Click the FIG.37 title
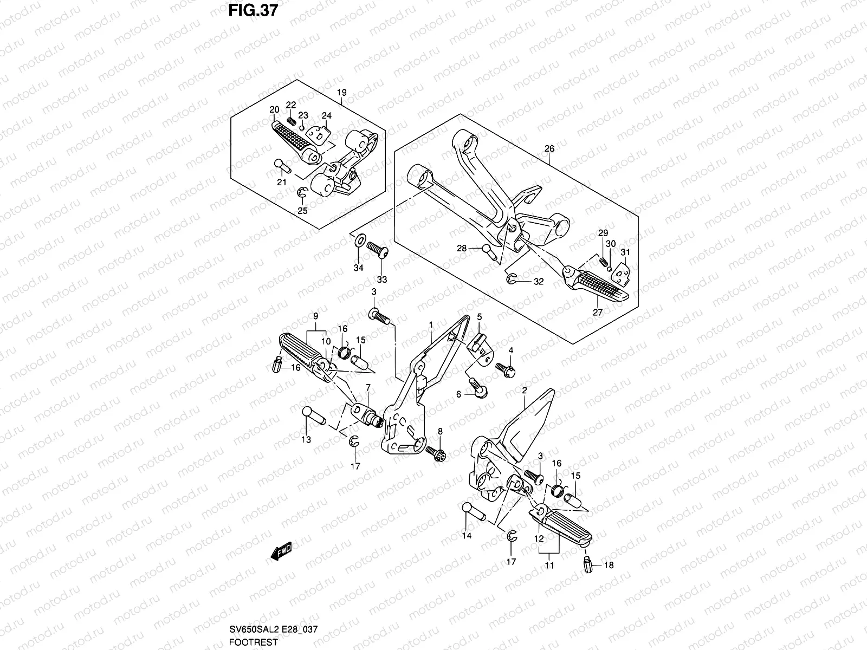pos(253,10)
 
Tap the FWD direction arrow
pos(281,550)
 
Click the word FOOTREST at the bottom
pos(253,642)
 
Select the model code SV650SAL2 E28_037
pos(273,629)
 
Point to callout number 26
pos(549,148)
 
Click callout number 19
pos(342,92)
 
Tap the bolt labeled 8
pos(435,453)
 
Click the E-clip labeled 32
pos(511,278)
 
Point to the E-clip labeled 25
pos(302,193)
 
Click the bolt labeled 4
pos(505,369)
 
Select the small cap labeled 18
pos(588,565)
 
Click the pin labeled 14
pos(473,512)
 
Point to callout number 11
pos(549,565)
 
